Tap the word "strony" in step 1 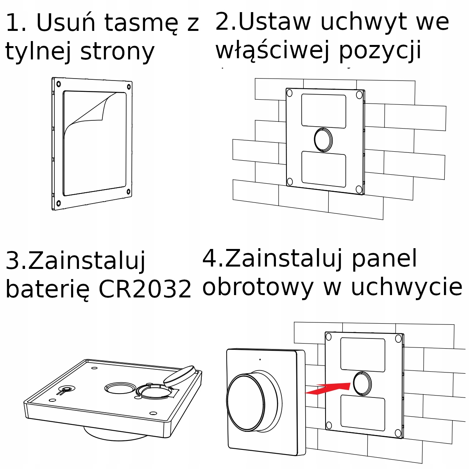(118, 52)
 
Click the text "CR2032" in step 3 (145, 289)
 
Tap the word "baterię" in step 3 (48, 289)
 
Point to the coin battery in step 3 (179, 375)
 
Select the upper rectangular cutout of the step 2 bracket (324, 111)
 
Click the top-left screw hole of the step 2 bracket (290, 93)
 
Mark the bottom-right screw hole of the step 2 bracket (359, 190)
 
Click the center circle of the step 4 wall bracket (362, 383)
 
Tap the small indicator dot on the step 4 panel (260, 359)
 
